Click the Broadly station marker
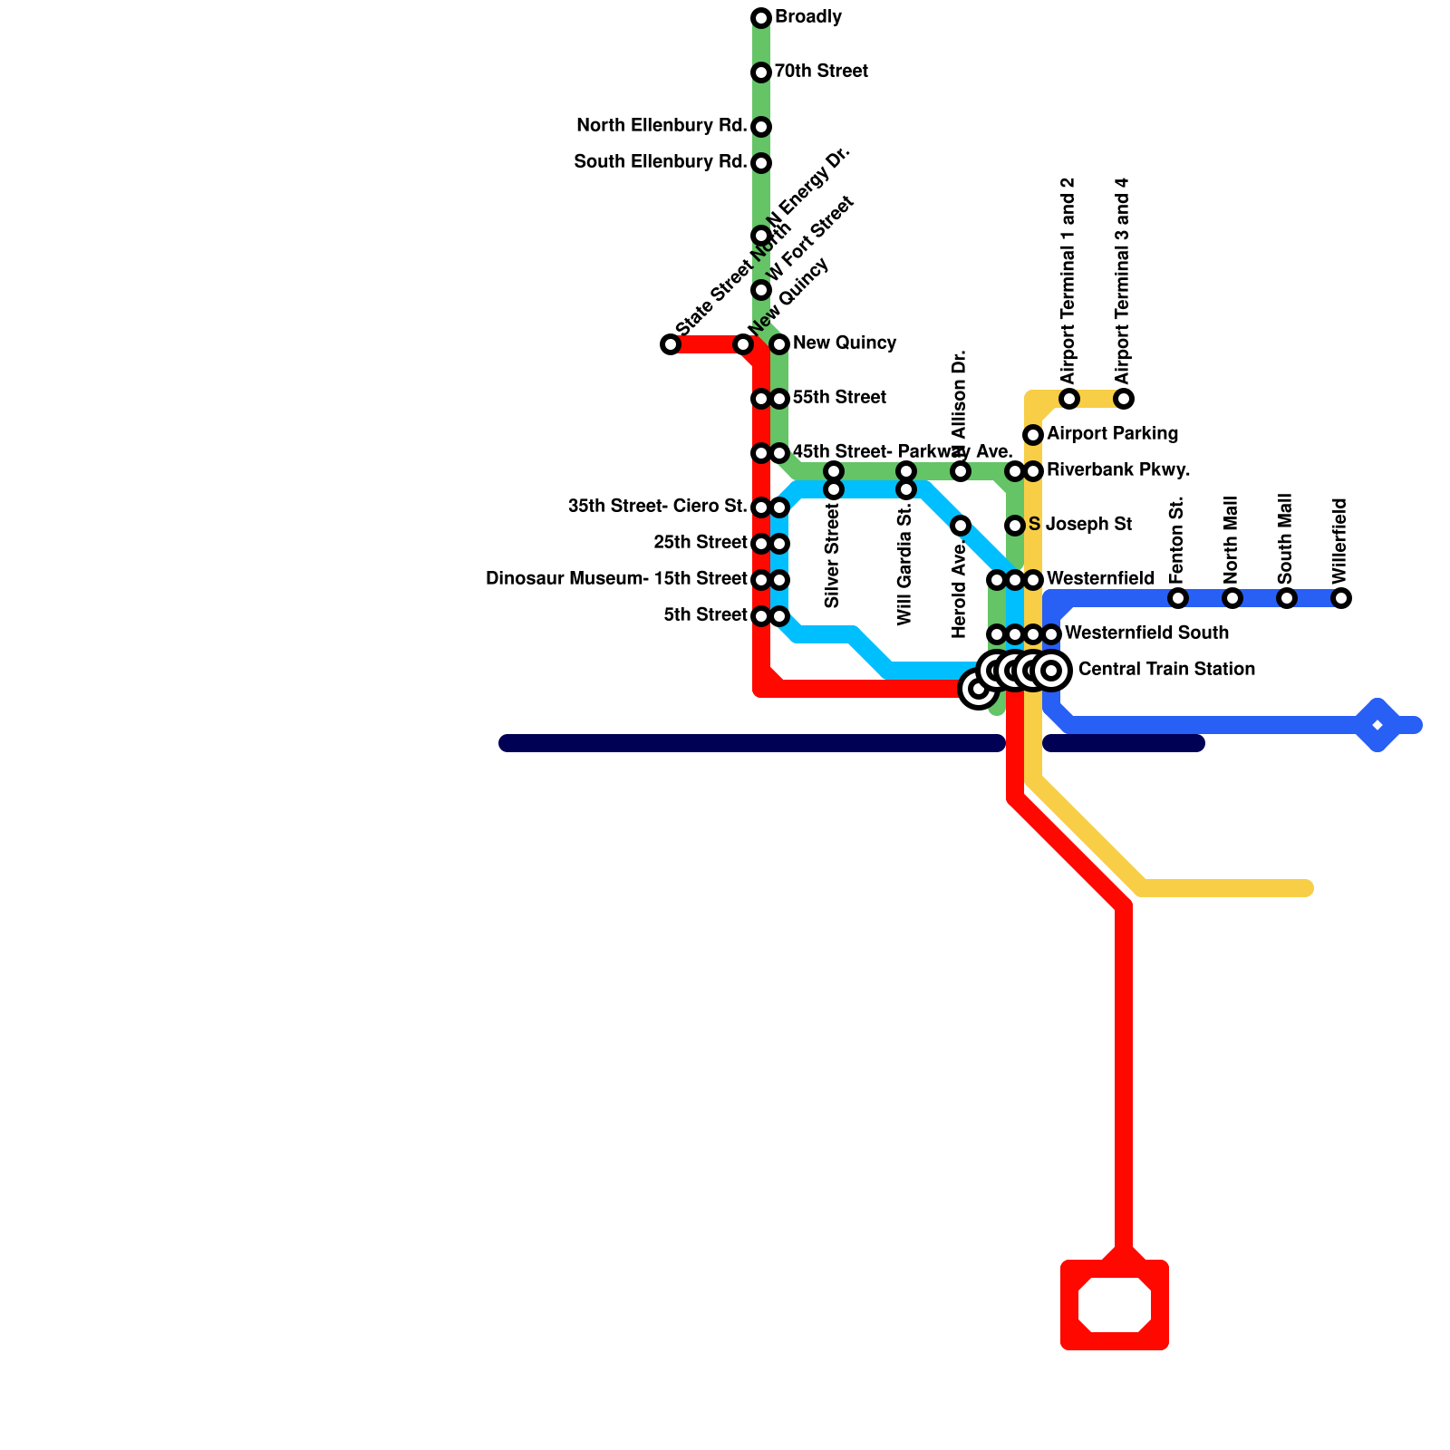click(x=761, y=18)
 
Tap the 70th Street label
click(x=821, y=72)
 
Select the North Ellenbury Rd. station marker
click(x=761, y=127)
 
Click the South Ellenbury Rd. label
click(x=661, y=162)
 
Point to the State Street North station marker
click(x=671, y=344)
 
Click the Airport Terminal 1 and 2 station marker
click(x=1069, y=399)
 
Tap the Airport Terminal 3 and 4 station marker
click(x=1124, y=399)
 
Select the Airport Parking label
click(x=1112, y=434)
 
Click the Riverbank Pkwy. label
click(x=1118, y=470)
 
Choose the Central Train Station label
click(x=1166, y=670)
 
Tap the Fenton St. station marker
click(x=1178, y=598)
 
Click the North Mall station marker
click(x=1232, y=598)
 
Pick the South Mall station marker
click(x=1287, y=598)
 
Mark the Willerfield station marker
click(x=1341, y=598)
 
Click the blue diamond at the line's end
click(x=1377, y=725)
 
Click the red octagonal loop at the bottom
click(x=1115, y=1305)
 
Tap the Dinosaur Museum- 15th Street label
click(x=616, y=579)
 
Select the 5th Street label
click(x=705, y=615)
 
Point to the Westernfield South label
click(x=1146, y=633)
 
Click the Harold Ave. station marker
click(x=961, y=526)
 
